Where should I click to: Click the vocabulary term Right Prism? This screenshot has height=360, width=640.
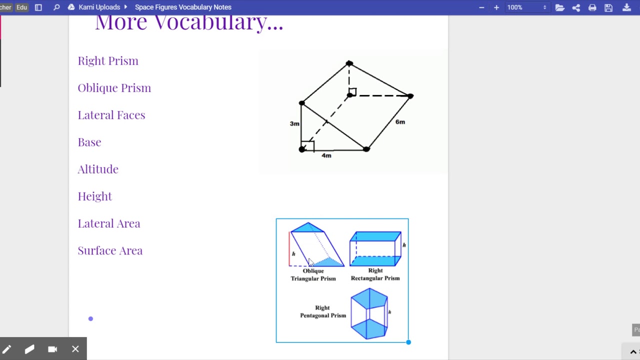108,61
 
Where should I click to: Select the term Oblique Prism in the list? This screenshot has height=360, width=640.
114,88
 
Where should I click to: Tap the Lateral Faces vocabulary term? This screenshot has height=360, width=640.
111,115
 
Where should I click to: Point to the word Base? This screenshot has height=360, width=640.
89,142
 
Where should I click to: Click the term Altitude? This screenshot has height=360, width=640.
98,169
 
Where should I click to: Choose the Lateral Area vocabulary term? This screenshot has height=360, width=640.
109,223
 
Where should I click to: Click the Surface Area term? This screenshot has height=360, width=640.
110,250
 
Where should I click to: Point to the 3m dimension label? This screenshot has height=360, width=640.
294,123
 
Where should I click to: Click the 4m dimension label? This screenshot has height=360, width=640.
326,155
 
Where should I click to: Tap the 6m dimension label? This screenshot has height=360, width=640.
400,122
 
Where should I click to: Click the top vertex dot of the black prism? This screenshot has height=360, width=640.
349,63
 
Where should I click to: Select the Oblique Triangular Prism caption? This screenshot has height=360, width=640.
313,275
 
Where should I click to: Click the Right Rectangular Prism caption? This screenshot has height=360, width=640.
375,274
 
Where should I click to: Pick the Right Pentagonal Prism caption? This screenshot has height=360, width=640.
323,311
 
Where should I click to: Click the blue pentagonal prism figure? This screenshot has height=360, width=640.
369,313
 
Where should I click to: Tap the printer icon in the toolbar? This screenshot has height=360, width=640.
592,7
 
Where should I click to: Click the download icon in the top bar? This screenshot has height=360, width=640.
626,7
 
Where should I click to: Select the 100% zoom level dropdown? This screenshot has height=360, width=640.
526,7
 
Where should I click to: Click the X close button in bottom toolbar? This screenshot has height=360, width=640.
75,349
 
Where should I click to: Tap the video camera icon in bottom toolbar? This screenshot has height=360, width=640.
52,349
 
